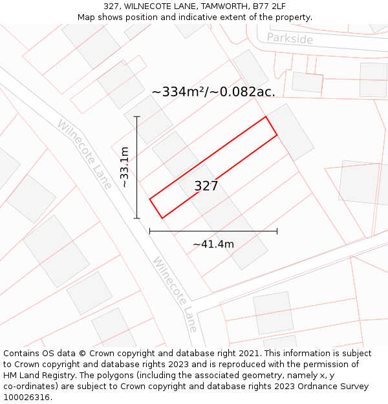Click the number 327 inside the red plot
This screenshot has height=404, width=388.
click(x=206, y=186)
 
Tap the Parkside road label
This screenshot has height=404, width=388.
click(x=290, y=39)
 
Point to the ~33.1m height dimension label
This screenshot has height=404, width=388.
click(x=124, y=167)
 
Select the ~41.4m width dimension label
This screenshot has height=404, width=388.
click(x=213, y=244)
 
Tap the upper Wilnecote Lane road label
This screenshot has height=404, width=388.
click(x=84, y=149)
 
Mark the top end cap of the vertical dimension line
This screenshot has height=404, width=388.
click(x=137, y=116)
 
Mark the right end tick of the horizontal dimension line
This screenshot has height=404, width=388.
click(x=277, y=231)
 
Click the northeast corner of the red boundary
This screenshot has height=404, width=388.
click(x=266, y=117)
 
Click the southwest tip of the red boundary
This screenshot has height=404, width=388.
click(x=150, y=199)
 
